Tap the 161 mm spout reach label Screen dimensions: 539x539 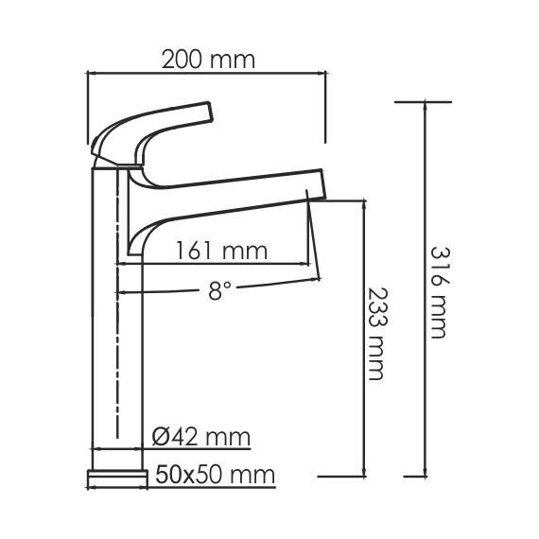coord(222,251)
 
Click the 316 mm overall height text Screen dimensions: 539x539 coord(439,292)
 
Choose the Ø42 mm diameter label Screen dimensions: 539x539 coord(200,437)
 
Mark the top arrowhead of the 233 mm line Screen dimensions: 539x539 coord(364,205)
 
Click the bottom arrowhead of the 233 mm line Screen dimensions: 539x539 coord(364,472)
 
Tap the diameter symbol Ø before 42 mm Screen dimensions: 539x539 coord(160,437)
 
